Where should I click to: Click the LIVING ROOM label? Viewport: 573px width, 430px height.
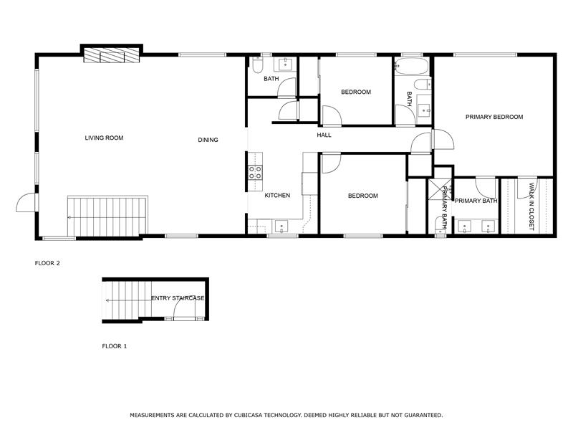pyautogui.click(x=104, y=138)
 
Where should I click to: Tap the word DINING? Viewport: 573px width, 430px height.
pyautogui.click(x=208, y=140)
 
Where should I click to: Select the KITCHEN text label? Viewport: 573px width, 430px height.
pyautogui.click(x=277, y=196)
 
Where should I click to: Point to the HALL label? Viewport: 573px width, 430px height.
pyautogui.click(x=324, y=135)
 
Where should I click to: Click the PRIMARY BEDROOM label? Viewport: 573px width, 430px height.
pyautogui.click(x=493, y=117)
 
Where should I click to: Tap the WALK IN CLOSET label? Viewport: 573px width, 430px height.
pyautogui.click(x=531, y=206)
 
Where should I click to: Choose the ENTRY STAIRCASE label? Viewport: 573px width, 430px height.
pyautogui.click(x=178, y=298)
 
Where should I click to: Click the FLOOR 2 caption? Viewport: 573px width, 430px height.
pyautogui.click(x=47, y=263)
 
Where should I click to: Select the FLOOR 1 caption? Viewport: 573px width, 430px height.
pyautogui.click(x=114, y=346)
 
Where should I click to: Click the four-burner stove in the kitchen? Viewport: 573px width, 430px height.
pyautogui.click(x=255, y=172)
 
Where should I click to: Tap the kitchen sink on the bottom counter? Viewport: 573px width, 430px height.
pyautogui.click(x=281, y=227)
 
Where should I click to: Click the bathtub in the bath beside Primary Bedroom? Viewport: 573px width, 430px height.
pyautogui.click(x=411, y=67)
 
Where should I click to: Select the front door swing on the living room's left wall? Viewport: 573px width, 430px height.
pyautogui.click(x=26, y=203)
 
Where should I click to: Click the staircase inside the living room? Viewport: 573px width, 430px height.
pyautogui.click(x=107, y=217)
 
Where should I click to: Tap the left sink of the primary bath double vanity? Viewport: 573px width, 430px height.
pyautogui.click(x=464, y=227)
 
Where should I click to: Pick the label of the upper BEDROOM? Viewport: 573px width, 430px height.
pyautogui.click(x=355, y=92)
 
